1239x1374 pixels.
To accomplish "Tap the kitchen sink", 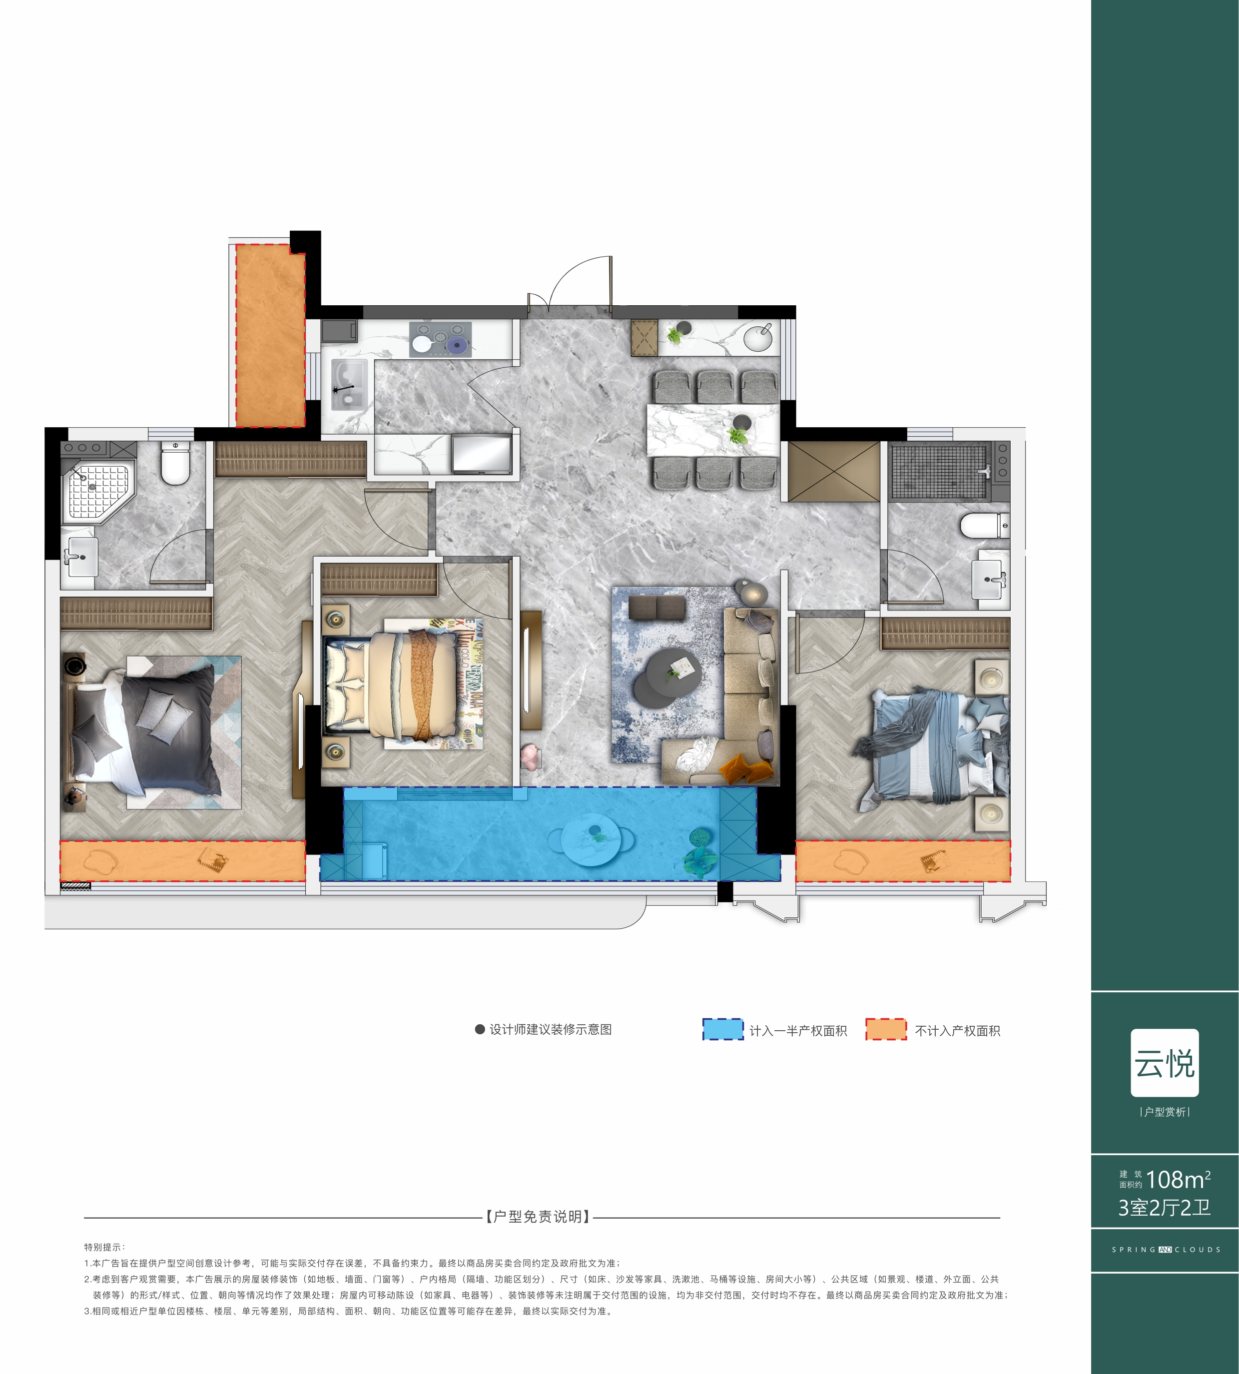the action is coord(349,385).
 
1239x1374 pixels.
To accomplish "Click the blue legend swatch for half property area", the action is coord(722,1029).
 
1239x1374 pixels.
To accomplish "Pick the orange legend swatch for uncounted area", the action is coord(886,1029).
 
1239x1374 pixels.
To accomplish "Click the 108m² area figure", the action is coord(1179,1179).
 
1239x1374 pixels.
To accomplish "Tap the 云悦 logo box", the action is coord(1165,1063).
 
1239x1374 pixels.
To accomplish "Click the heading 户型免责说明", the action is coord(538,1217).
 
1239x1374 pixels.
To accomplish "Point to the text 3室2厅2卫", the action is coord(1164,1208).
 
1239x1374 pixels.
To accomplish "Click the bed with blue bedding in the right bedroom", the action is coord(931,747).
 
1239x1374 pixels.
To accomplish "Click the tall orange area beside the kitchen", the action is coord(270,335).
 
